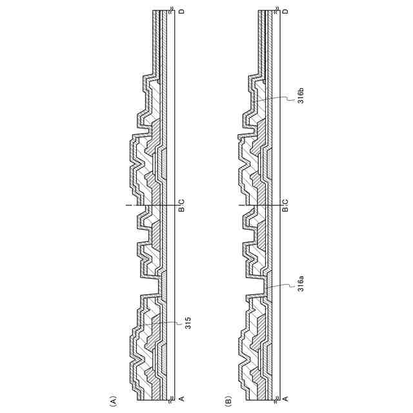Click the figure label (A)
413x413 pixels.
click(x=113, y=401)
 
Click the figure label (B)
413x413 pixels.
click(x=228, y=401)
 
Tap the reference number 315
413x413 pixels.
click(x=188, y=322)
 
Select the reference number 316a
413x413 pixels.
click(x=301, y=283)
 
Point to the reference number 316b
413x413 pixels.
click(x=301, y=96)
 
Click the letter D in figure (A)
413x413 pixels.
click(x=181, y=12)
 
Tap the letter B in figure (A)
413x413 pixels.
click(x=181, y=210)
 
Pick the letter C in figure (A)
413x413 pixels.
click(x=181, y=202)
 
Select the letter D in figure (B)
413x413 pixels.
click(x=285, y=12)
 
